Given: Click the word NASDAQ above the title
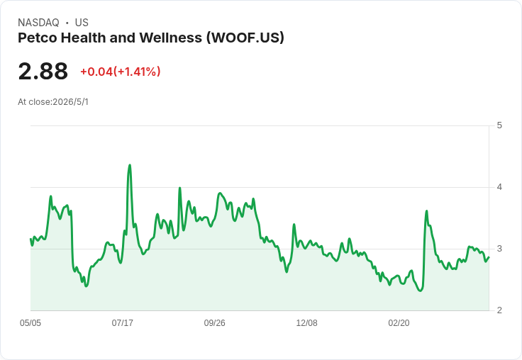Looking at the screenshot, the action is pyautogui.click(x=38, y=23).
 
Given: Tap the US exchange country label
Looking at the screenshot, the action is pyautogui.click(x=82, y=23).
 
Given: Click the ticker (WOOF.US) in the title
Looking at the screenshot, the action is pyautogui.click(x=245, y=38).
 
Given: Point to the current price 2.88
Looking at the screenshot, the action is pyautogui.click(x=43, y=71).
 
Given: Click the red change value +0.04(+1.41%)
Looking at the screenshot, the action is pyautogui.click(x=120, y=72).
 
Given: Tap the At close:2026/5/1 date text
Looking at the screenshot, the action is pyautogui.click(x=53, y=102).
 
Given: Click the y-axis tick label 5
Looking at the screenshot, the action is pyautogui.click(x=499, y=125).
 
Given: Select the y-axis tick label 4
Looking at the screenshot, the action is pyautogui.click(x=499, y=187).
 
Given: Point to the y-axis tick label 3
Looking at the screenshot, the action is pyautogui.click(x=499, y=249).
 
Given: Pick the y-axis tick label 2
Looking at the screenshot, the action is pyautogui.click(x=499, y=310).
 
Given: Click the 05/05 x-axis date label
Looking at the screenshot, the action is pyautogui.click(x=30, y=322).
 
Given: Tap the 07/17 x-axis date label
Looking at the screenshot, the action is pyautogui.click(x=123, y=322).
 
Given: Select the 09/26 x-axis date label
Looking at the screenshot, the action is pyautogui.click(x=214, y=322).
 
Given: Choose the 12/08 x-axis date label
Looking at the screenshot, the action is pyautogui.click(x=306, y=322).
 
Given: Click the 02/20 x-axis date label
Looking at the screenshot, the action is pyautogui.click(x=399, y=322).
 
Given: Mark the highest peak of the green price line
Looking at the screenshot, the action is pyautogui.click(x=130, y=165).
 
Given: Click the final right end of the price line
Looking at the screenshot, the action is pyautogui.click(x=489, y=257).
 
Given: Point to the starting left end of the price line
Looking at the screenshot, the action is pyautogui.click(x=30, y=239).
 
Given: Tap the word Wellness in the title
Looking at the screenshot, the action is pyautogui.click(x=170, y=38).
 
